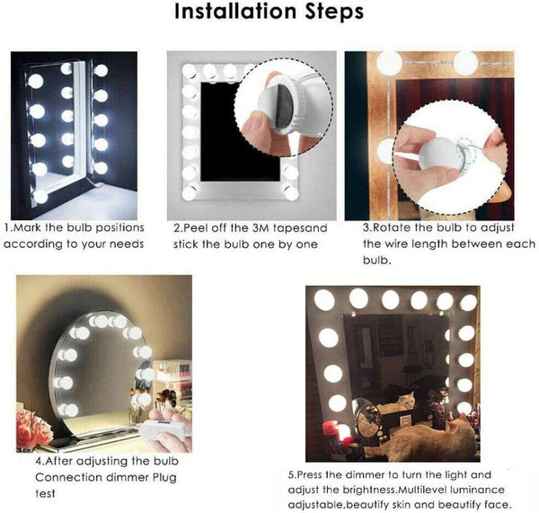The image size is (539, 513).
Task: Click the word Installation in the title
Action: (235, 13)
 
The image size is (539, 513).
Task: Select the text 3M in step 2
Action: (254, 228)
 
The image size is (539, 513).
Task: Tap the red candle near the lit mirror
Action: (342, 435)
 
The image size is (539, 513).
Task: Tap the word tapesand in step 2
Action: (295, 228)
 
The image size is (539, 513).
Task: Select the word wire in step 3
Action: (388, 243)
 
